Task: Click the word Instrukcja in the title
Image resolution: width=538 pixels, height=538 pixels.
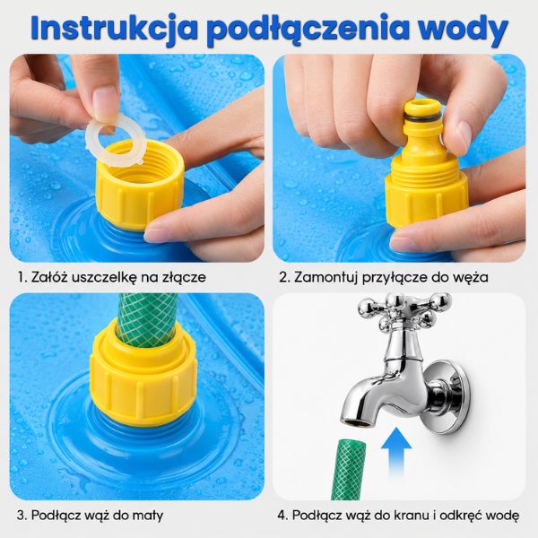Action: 115,29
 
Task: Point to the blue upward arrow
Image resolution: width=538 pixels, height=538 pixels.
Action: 396,451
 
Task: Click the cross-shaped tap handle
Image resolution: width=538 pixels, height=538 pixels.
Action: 405,311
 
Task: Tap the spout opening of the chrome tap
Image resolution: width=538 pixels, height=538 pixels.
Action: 357,422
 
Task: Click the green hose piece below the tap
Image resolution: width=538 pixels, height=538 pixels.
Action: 348,469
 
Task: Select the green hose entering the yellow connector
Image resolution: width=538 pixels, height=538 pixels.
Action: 148,319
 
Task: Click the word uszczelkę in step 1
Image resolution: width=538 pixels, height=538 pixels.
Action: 105,277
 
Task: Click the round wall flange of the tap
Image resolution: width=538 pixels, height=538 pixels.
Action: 447,395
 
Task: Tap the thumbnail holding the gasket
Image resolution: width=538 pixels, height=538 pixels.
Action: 105,100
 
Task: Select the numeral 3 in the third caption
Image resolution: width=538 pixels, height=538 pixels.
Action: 21,516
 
